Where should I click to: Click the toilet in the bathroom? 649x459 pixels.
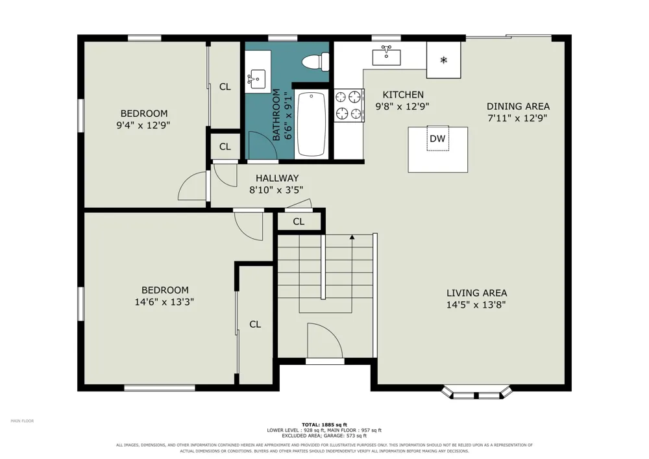click(315, 62)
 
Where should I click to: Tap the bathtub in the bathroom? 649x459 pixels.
click(312, 124)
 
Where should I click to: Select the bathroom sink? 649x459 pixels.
click(257, 78)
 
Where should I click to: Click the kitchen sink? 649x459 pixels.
click(387, 56)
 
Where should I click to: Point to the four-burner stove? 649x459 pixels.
click(349, 105)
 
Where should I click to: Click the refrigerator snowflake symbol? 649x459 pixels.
click(444, 60)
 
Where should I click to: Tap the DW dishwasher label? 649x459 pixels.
click(437, 139)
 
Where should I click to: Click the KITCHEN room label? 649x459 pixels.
click(403, 95)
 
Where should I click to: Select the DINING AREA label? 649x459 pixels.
click(518, 106)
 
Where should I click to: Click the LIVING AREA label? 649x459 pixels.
click(476, 293)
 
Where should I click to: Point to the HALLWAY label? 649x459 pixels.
click(277, 179)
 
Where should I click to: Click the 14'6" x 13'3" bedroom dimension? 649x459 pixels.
click(164, 302)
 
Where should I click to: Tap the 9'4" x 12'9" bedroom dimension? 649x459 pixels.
click(143, 125)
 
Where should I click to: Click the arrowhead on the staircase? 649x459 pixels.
click(352, 237)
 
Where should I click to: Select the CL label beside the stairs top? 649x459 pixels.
click(299, 221)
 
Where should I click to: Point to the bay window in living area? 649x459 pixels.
click(477, 393)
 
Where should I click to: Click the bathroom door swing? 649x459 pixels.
click(260, 145)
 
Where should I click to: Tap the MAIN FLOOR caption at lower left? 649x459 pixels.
click(22, 421)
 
